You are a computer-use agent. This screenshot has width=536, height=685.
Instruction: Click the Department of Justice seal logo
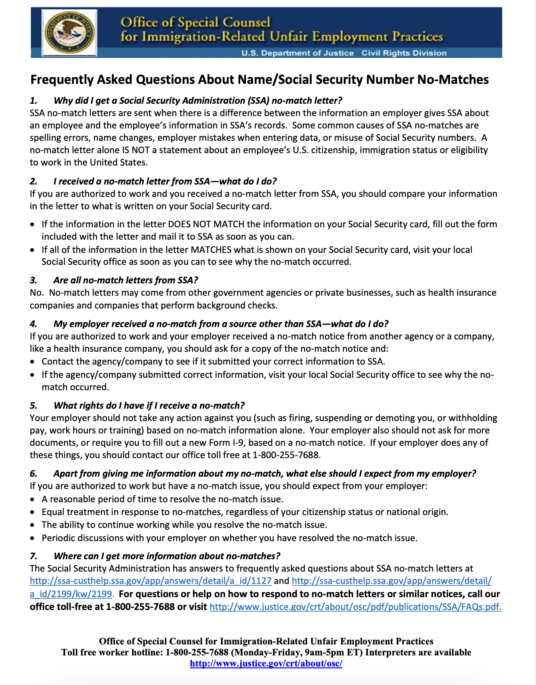pos(70,32)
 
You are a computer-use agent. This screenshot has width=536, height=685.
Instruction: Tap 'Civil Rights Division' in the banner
pos(404,53)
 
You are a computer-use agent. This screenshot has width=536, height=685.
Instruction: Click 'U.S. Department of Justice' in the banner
pos(298,53)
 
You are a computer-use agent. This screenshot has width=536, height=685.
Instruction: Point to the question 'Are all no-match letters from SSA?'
pos(126,280)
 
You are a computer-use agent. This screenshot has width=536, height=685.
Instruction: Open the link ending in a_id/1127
pos(150,581)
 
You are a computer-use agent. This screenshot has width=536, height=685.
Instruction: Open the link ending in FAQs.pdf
pos(355,607)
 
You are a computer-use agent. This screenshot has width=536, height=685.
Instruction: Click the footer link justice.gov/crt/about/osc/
pos(266,663)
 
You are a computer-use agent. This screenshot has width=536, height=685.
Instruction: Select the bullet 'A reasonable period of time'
pos(162,499)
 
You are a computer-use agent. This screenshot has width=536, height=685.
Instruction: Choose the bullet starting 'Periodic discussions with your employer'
pos(229,538)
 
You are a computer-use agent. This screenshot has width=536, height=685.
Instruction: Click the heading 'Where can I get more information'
pos(167,556)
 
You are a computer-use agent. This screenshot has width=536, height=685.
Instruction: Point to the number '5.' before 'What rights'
pos(34,406)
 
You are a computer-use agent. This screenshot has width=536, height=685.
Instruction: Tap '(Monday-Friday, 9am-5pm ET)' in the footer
pos(297,652)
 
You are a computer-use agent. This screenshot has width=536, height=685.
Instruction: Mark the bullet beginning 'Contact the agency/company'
pos(213,361)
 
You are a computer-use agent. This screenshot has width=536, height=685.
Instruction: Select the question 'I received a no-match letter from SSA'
pos(165,181)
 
